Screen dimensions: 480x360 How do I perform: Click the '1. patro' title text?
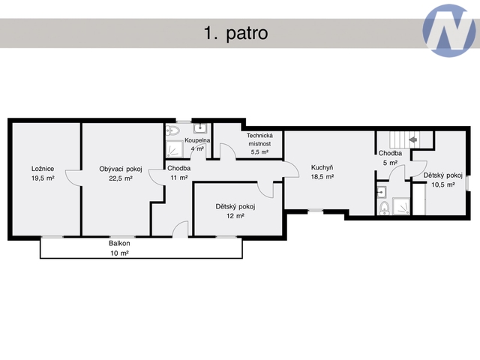pos(235,33)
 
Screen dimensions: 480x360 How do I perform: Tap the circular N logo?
pos(448,31)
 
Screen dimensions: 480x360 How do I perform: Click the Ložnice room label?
pos(43,169)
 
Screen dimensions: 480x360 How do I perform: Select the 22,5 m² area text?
pos(121,178)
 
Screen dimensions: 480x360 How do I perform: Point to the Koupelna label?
pos(197,140)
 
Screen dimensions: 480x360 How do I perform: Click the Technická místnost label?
pos(259,139)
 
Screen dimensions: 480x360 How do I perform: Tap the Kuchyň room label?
pos(322,167)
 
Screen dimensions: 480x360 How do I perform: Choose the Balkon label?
pos(119,243)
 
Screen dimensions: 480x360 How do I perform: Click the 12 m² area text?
pos(235,216)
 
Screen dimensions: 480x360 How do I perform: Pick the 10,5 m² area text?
pos(443,184)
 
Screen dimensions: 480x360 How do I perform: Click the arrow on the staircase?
pos(413,139)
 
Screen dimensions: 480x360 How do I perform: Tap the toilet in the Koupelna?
pos(172,130)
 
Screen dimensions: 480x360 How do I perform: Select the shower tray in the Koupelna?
pos(174,148)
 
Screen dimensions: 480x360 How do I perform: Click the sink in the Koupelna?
pos(200,128)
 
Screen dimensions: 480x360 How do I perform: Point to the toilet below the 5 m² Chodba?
pos(384,208)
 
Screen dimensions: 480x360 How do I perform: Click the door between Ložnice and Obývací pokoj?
pos(73,178)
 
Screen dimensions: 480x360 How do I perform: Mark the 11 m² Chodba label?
pos(178,172)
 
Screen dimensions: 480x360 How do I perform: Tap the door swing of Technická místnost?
pos(228,151)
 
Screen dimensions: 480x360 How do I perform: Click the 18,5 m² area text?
pos(322,177)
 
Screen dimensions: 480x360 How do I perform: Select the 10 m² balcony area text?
pos(119,253)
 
